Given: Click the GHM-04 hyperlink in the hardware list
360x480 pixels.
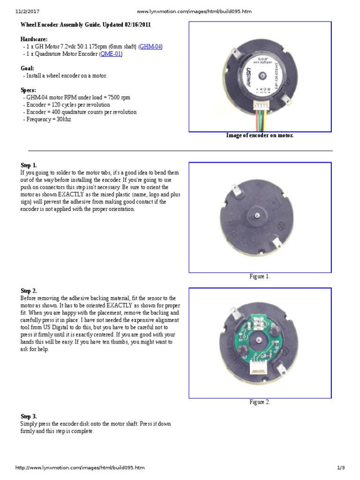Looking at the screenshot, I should click(x=151, y=47).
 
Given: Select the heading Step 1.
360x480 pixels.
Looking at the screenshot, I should click(x=29, y=165).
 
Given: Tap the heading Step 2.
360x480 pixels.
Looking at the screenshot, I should click(x=29, y=291).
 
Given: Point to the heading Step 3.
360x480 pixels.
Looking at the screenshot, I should click(x=29, y=416).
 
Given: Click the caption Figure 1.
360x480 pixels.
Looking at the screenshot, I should click(x=260, y=277).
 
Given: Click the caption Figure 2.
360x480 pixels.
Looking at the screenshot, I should click(x=260, y=402).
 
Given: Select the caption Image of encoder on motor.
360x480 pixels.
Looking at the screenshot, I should click(x=260, y=135).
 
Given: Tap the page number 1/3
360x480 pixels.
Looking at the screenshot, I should click(x=341, y=468).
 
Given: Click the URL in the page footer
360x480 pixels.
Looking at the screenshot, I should click(x=80, y=468).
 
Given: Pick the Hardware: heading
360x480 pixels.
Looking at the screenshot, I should click(x=34, y=39).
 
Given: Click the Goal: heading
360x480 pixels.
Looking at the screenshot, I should click(x=28, y=68).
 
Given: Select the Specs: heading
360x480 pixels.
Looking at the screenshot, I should click(x=29, y=90).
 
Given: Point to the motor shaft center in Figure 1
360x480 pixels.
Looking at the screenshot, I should click(x=258, y=214).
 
